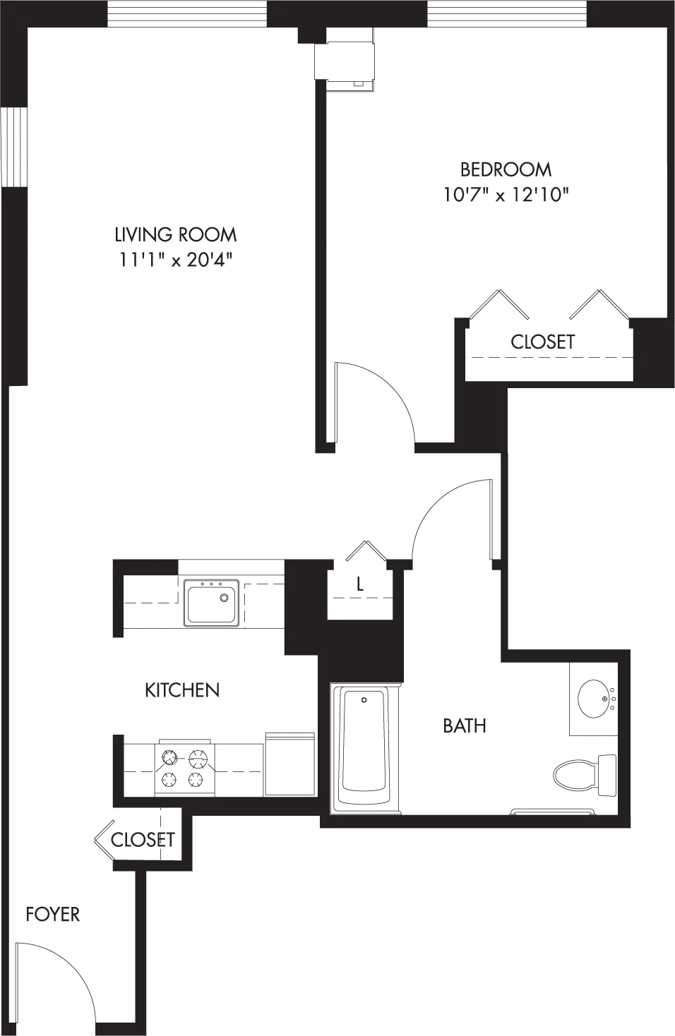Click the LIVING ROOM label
[x=175, y=235]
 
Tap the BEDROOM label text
[x=506, y=170]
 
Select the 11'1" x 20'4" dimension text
[x=175, y=260]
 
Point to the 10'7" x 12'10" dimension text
[x=506, y=195]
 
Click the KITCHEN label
[x=182, y=690]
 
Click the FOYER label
[x=53, y=915]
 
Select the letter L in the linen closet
[x=360, y=584]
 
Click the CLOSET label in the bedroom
[x=543, y=342]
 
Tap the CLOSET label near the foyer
[x=143, y=839]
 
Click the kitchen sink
[x=211, y=603]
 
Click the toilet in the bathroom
[x=585, y=775]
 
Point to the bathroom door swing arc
[x=435, y=502]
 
